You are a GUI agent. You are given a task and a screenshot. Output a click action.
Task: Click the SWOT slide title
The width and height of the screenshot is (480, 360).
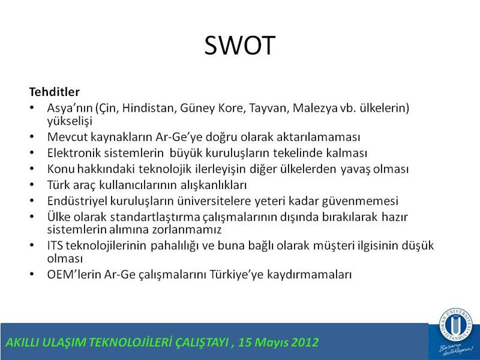click(239, 46)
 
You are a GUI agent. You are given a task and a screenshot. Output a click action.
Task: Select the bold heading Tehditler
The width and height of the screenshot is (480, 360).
click(55, 92)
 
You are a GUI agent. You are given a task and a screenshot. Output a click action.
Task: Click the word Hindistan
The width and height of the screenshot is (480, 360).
click(149, 108)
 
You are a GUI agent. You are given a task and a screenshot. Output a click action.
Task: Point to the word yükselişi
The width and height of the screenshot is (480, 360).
click(70, 121)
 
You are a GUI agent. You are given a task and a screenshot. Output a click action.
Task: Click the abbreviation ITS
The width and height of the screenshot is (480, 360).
click(55, 245)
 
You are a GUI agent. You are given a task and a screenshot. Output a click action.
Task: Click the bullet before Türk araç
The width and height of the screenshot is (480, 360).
click(32, 185)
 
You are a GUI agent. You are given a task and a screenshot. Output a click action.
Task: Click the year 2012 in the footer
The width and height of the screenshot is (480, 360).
click(305, 342)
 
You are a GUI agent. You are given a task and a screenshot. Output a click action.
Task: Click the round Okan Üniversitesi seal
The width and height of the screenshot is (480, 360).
click(456, 324)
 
